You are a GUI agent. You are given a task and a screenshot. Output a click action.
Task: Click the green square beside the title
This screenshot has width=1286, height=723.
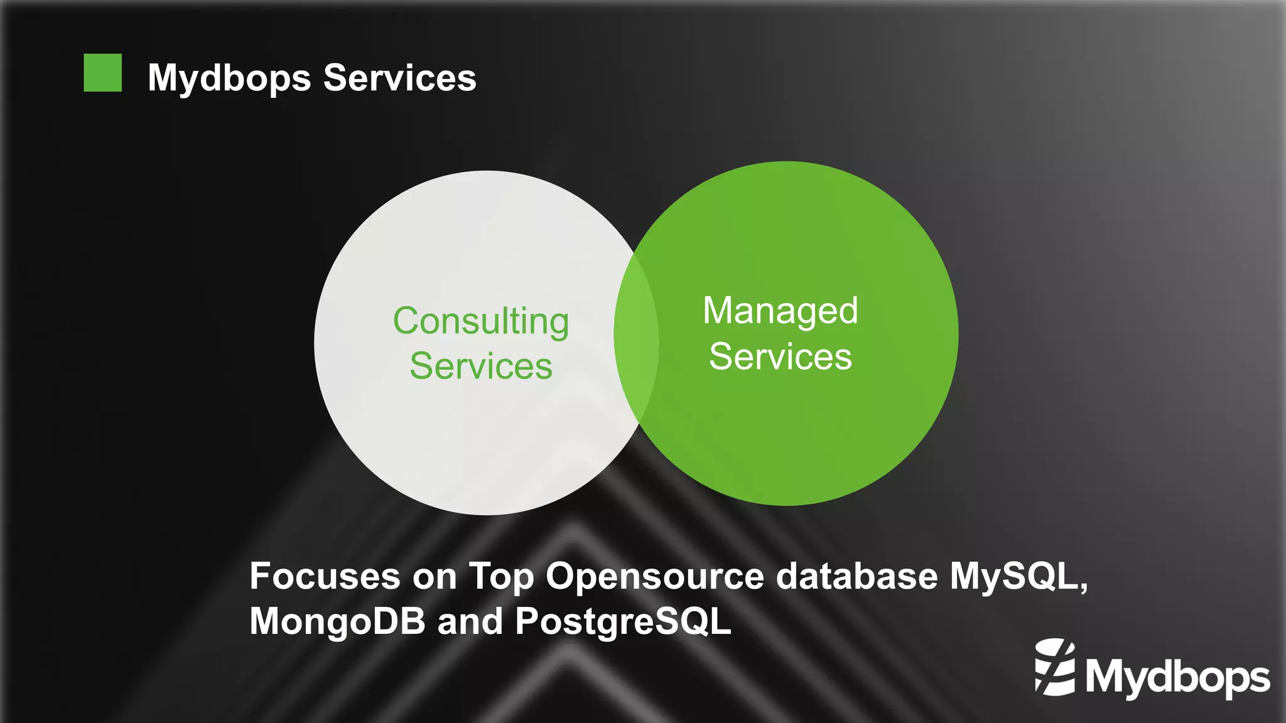(x=102, y=73)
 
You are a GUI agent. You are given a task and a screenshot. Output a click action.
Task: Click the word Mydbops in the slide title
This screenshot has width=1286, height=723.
(x=229, y=78)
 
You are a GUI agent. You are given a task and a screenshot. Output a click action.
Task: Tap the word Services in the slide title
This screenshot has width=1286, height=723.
(x=399, y=78)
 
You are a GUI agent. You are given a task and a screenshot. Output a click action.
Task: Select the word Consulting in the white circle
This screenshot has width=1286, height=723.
(x=481, y=321)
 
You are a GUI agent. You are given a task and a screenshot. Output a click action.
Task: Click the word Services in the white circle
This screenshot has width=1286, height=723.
(x=481, y=366)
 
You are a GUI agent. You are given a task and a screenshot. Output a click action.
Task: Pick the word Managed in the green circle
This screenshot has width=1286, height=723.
(x=780, y=311)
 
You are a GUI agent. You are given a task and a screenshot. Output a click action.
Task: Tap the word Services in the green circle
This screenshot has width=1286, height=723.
(x=780, y=356)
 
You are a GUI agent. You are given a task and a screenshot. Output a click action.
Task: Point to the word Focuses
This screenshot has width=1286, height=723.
(x=325, y=576)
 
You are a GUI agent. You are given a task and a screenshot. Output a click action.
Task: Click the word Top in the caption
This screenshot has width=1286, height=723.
(x=500, y=576)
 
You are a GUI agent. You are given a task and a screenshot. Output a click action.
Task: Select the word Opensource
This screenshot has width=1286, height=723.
(x=655, y=576)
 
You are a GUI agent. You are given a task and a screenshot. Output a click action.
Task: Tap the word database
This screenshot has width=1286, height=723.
(x=856, y=576)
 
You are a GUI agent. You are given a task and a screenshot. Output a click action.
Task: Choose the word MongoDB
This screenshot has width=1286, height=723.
(x=337, y=621)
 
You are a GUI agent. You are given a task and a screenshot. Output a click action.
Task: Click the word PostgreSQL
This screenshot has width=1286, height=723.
(x=623, y=621)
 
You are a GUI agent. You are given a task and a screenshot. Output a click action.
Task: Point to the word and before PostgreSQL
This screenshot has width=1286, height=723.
(x=470, y=621)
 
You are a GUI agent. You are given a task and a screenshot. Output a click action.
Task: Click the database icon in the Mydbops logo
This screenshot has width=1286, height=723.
(x=1055, y=667)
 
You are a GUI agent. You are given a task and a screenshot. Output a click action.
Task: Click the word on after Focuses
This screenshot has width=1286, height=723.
(x=434, y=577)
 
